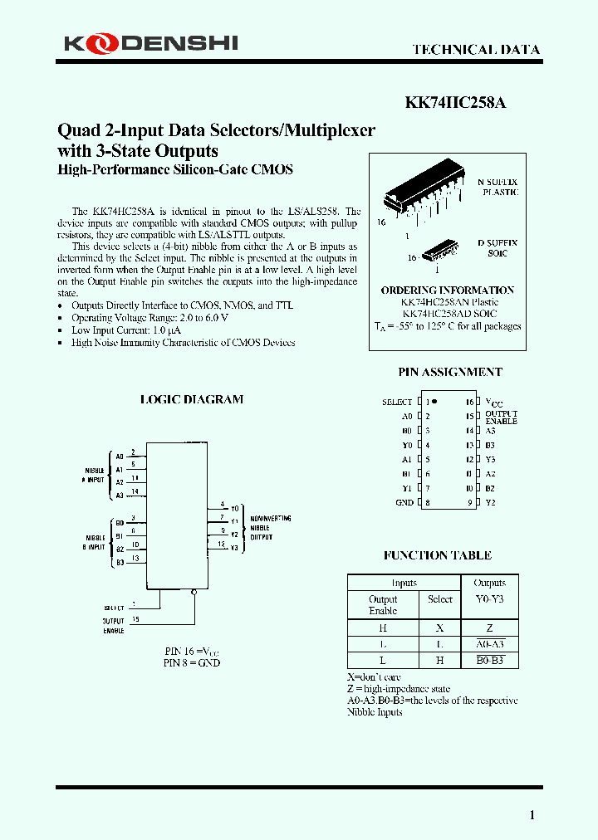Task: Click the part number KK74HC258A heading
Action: [455, 103]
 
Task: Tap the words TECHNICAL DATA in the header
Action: [476, 50]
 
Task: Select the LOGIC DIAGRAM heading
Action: [192, 399]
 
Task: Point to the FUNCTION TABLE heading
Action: [437, 555]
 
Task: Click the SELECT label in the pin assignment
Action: [397, 402]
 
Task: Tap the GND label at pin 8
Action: [404, 502]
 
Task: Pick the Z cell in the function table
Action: [489, 628]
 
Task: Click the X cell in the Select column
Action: [439, 628]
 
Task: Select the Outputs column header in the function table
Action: [489, 583]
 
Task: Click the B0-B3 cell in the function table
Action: [489, 661]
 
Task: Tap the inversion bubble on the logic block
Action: [194, 593]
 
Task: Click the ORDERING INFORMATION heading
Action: [448, 291]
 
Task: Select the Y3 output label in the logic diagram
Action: [235, 548]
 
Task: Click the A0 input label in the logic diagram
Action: [120, 456]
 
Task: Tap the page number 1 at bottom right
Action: [532, 814]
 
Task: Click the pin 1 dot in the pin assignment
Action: [434, 401]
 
